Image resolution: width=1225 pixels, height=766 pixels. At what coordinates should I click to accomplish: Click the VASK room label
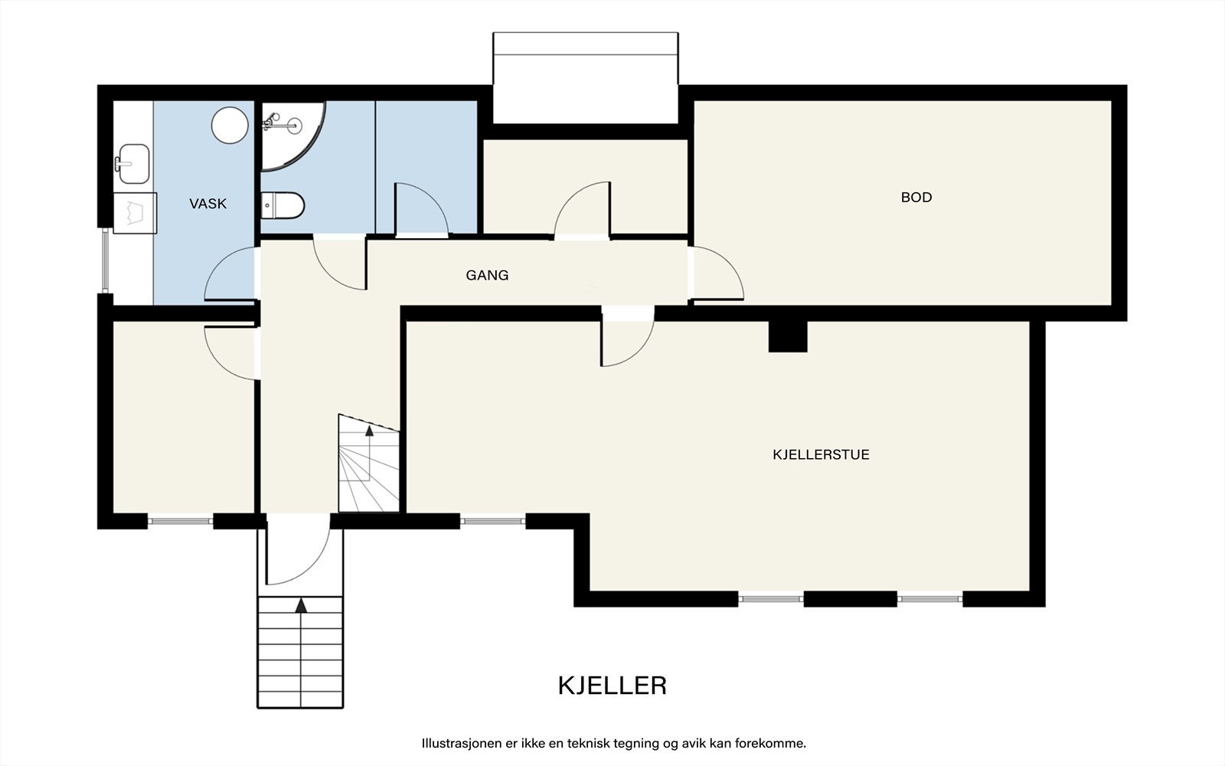tap(208, 204)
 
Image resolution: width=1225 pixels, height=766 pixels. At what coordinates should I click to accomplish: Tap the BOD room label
tap(916, 198)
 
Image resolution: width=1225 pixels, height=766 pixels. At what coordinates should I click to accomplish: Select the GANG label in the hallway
tap(487, 275)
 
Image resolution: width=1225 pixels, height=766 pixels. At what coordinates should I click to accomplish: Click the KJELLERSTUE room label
tap(821, 454)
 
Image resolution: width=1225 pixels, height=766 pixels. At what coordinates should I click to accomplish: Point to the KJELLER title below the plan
tap(612, 685)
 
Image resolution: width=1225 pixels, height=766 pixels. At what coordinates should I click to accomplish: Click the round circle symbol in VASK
tap(230, 125)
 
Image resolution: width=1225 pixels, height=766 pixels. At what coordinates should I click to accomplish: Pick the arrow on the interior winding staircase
tap(369, 431)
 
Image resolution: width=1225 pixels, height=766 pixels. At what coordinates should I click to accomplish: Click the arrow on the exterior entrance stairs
tap(301, 605)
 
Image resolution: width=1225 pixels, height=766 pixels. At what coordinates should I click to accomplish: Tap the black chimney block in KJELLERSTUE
tap(788, 336)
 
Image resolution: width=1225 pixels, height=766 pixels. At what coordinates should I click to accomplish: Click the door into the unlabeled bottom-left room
tap(233, 351)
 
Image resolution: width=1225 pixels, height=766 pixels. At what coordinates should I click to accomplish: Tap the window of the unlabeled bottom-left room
tap(180, 522)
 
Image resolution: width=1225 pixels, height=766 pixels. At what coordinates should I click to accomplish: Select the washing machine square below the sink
tap(135, 212)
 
